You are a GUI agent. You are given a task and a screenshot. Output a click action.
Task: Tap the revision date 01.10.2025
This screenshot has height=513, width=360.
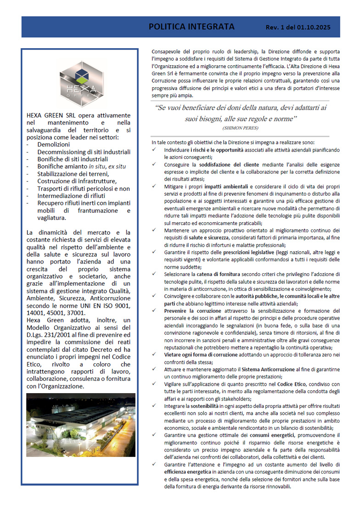(x=313, y=28)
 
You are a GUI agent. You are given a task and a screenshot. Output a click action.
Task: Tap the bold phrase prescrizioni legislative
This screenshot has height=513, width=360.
(x=239, y=253)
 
